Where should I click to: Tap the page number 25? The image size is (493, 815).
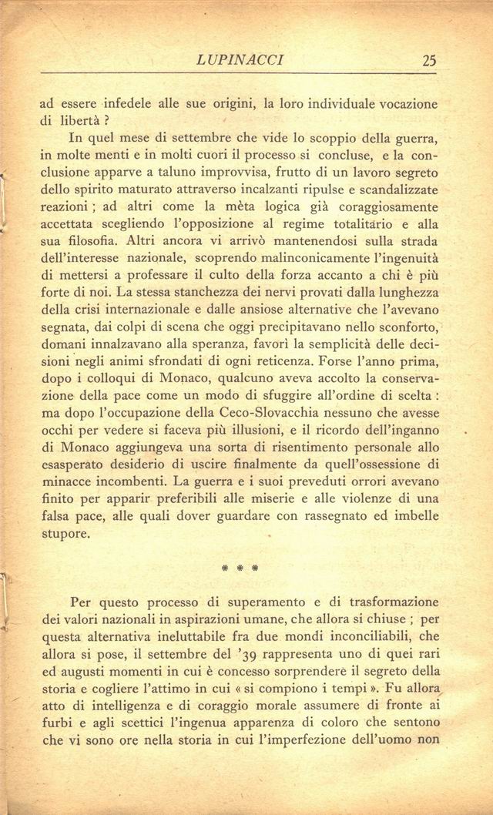pos(429,59)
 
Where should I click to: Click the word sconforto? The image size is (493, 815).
pos(404,325)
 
